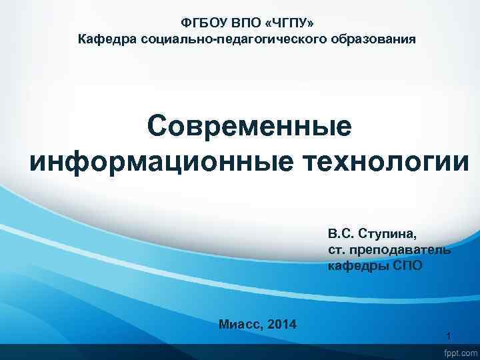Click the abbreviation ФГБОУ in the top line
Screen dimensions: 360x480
199,23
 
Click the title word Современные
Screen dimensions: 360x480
249,126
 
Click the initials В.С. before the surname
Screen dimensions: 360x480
341,234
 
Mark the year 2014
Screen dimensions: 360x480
281,325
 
